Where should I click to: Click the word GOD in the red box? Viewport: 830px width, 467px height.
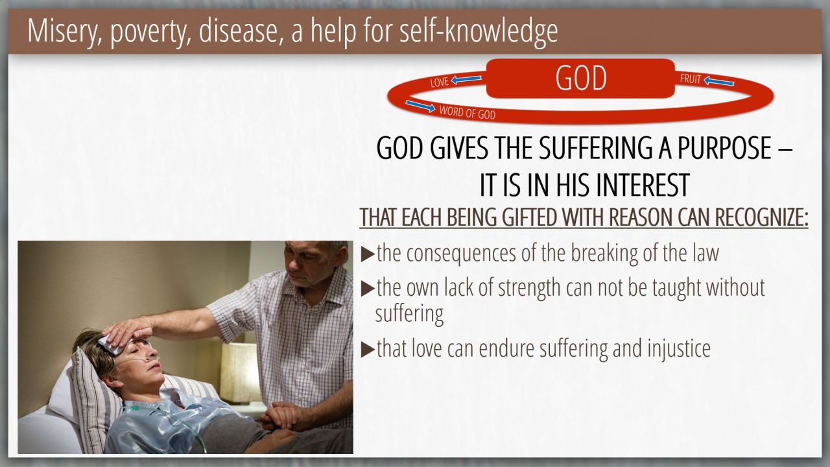[x=580, y=78]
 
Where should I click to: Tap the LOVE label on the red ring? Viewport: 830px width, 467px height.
[x=440, y=82]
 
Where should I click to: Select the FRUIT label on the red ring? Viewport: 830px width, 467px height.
[x=691, y=79]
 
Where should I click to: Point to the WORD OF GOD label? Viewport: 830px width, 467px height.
[x=468, y=112]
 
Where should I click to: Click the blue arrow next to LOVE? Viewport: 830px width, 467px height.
[x=466, y=79]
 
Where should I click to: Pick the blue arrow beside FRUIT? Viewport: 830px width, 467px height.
[x=719, y=81]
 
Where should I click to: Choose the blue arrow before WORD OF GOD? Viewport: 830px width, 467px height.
[x=420, y=106]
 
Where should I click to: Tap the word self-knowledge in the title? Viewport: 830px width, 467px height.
[x=479, y=30]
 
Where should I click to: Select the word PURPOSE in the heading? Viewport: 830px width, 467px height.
[x=724, y=147]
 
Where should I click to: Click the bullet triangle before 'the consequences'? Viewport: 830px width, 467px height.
[x=368, y=255]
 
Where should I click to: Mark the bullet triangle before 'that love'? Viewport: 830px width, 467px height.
[x=368, y=350]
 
